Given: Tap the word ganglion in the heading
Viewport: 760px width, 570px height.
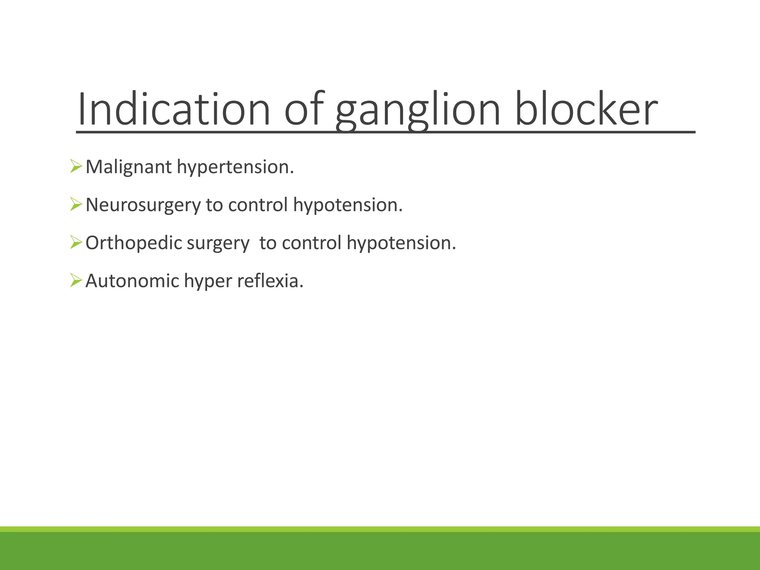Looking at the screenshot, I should pos(418,111).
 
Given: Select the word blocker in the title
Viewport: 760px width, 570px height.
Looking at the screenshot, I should pos(586,109).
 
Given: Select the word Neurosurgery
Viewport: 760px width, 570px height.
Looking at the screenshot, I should pos(143,205).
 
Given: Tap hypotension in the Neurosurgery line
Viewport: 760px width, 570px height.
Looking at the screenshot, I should pos(348,205).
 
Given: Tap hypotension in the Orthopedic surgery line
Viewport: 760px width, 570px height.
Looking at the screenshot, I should pos(401,243).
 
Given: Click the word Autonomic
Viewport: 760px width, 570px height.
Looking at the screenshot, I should pos(132,281).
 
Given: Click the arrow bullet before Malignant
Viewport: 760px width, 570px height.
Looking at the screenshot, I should pos(76,166).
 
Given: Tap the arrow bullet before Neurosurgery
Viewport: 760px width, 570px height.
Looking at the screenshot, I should pos(76,204).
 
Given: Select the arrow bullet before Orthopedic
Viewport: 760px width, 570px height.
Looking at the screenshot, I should pos(76,243).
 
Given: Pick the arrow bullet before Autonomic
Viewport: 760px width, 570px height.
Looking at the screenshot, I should pos(76,280).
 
